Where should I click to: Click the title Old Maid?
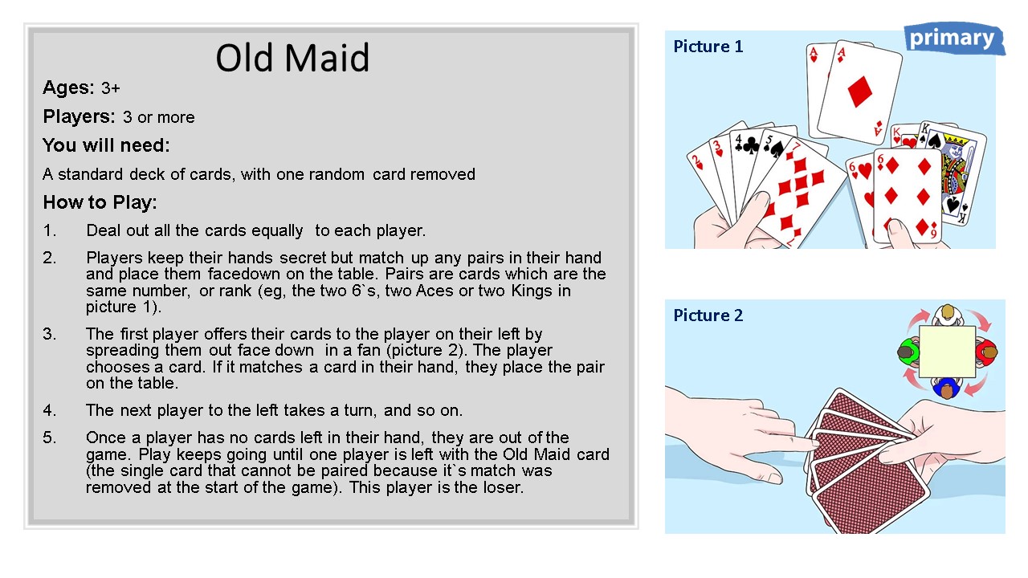click(292, 58)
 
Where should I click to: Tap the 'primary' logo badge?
click(954, 39)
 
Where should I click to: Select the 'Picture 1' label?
click(708, 47)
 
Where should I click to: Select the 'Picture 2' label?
click(708, 315)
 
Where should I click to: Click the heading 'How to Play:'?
click(100, 202)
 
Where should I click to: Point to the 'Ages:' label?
click(68, 88)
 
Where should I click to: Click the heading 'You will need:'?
click(106, 145)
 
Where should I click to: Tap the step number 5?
click(49, 438)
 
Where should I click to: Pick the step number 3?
click(49, 334)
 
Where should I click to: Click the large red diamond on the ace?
click(859, 92)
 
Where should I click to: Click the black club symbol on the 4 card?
click(750, 146)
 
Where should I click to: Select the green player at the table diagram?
click(908, 352)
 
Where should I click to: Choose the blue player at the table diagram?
click(947, 388)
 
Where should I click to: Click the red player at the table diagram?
click(986, 352)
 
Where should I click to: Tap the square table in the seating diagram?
click(947, 352)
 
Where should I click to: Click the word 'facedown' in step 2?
click(243, 274)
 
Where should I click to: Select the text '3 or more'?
click(159, 117)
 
